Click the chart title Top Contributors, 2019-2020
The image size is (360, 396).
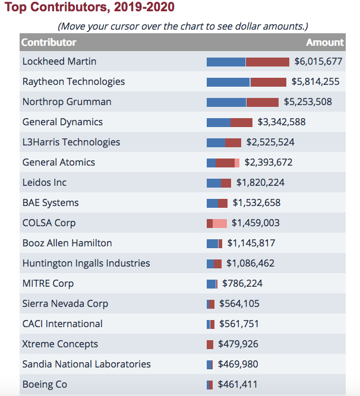tap(90, 8)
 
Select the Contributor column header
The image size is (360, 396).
tap(49, 42)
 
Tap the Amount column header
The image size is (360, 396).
tap(324, 42)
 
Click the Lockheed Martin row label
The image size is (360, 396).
tap(59, 62)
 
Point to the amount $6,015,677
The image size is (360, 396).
tap(318, 62)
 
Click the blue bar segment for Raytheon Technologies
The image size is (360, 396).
tap(228, 82)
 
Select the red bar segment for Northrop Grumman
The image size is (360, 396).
tap(263, 102)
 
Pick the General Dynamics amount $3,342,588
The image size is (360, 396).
tap(282, 122)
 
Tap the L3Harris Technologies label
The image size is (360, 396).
tap(71, 142)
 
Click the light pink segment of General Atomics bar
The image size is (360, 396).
tap(237, 163)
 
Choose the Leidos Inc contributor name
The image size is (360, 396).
tap(45, 183)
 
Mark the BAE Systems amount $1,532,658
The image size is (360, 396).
tap(257, 203)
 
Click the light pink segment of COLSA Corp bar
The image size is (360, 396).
tap(220, 223)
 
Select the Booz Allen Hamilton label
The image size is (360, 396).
tap(67, 243)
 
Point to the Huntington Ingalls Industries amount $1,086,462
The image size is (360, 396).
tap(250, 264)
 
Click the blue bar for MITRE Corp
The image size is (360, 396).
tap(211, 284)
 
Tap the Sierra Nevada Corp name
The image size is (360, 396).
tap(65, 304)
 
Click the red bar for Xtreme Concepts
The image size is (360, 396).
tap(210, 344)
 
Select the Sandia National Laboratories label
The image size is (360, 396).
tap(87, 365)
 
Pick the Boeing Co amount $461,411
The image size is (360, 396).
tap(238, 385)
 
